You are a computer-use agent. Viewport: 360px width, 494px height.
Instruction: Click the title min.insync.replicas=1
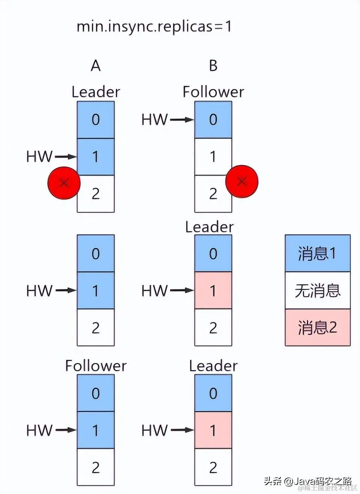[154, 27]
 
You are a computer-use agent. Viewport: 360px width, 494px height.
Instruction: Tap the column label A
[95, 66]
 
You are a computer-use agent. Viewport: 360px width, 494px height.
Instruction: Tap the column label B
[213, 66]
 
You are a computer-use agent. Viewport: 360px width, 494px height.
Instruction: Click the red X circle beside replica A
[64, 183]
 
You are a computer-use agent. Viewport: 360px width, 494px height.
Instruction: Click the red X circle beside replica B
[242, 182]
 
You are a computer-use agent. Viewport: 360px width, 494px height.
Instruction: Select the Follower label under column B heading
[213, 92]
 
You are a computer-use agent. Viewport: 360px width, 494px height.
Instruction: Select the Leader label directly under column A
[95, 92]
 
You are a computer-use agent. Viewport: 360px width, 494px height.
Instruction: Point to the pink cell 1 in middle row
[213, 290]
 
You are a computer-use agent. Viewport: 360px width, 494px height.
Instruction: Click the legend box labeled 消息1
[317, 253]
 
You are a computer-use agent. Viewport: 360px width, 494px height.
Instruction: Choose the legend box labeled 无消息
[317, 290]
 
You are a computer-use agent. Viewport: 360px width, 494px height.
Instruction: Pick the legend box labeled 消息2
[317, 327]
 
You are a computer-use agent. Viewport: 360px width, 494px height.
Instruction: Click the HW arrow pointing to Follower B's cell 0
[182, 120]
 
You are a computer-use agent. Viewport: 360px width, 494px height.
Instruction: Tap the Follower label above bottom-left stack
[95, 366]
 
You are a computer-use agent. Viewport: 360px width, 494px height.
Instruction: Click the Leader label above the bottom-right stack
[213, 366]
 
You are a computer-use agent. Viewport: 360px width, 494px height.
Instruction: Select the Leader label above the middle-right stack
[209, 227]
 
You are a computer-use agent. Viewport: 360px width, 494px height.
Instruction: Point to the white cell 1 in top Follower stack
[213, 156]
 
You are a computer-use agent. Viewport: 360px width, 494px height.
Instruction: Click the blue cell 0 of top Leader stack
[95, 120]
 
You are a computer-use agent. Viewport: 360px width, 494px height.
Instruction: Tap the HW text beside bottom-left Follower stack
[39, 430]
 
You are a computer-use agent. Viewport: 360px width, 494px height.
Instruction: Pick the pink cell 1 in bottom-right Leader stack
[213, 430]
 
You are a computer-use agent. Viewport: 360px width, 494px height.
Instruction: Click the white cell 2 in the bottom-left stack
[95, 467]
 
